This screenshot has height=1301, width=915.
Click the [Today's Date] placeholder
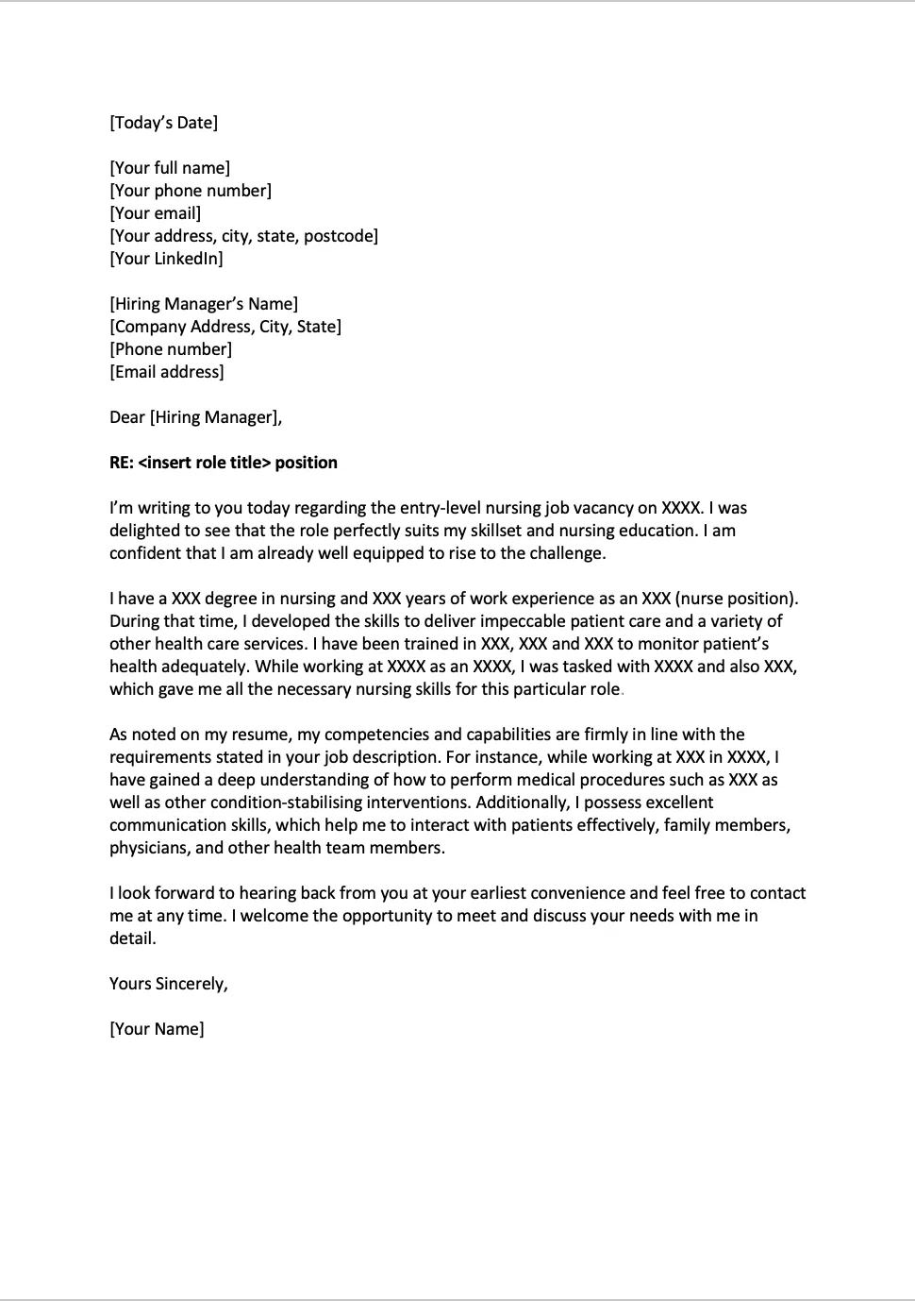click(x=163, y=123)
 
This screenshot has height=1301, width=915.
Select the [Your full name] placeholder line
click(x=170, y=168)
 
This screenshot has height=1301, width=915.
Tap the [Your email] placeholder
click(x=156, y=213)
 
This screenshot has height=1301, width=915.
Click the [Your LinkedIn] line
click(x=166, y=259)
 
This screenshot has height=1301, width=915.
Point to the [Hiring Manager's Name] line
click(x=204, y=304)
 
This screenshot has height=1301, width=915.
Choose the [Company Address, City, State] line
click(x=225, y=327)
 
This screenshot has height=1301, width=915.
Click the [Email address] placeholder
click(x=167, y=372)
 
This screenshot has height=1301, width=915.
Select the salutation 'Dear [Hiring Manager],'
click(x=195, y=417)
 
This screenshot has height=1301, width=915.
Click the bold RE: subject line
click(x=224, y=463)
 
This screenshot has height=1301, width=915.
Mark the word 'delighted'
click(x=146, y=531)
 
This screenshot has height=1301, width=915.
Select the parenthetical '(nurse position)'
click(x=737, y=599)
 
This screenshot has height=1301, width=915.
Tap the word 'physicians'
click(x=149, y=848)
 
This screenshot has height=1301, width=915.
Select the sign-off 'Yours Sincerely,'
click(x=169, y=984)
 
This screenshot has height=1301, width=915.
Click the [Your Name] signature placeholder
click(x=157, y=1029)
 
